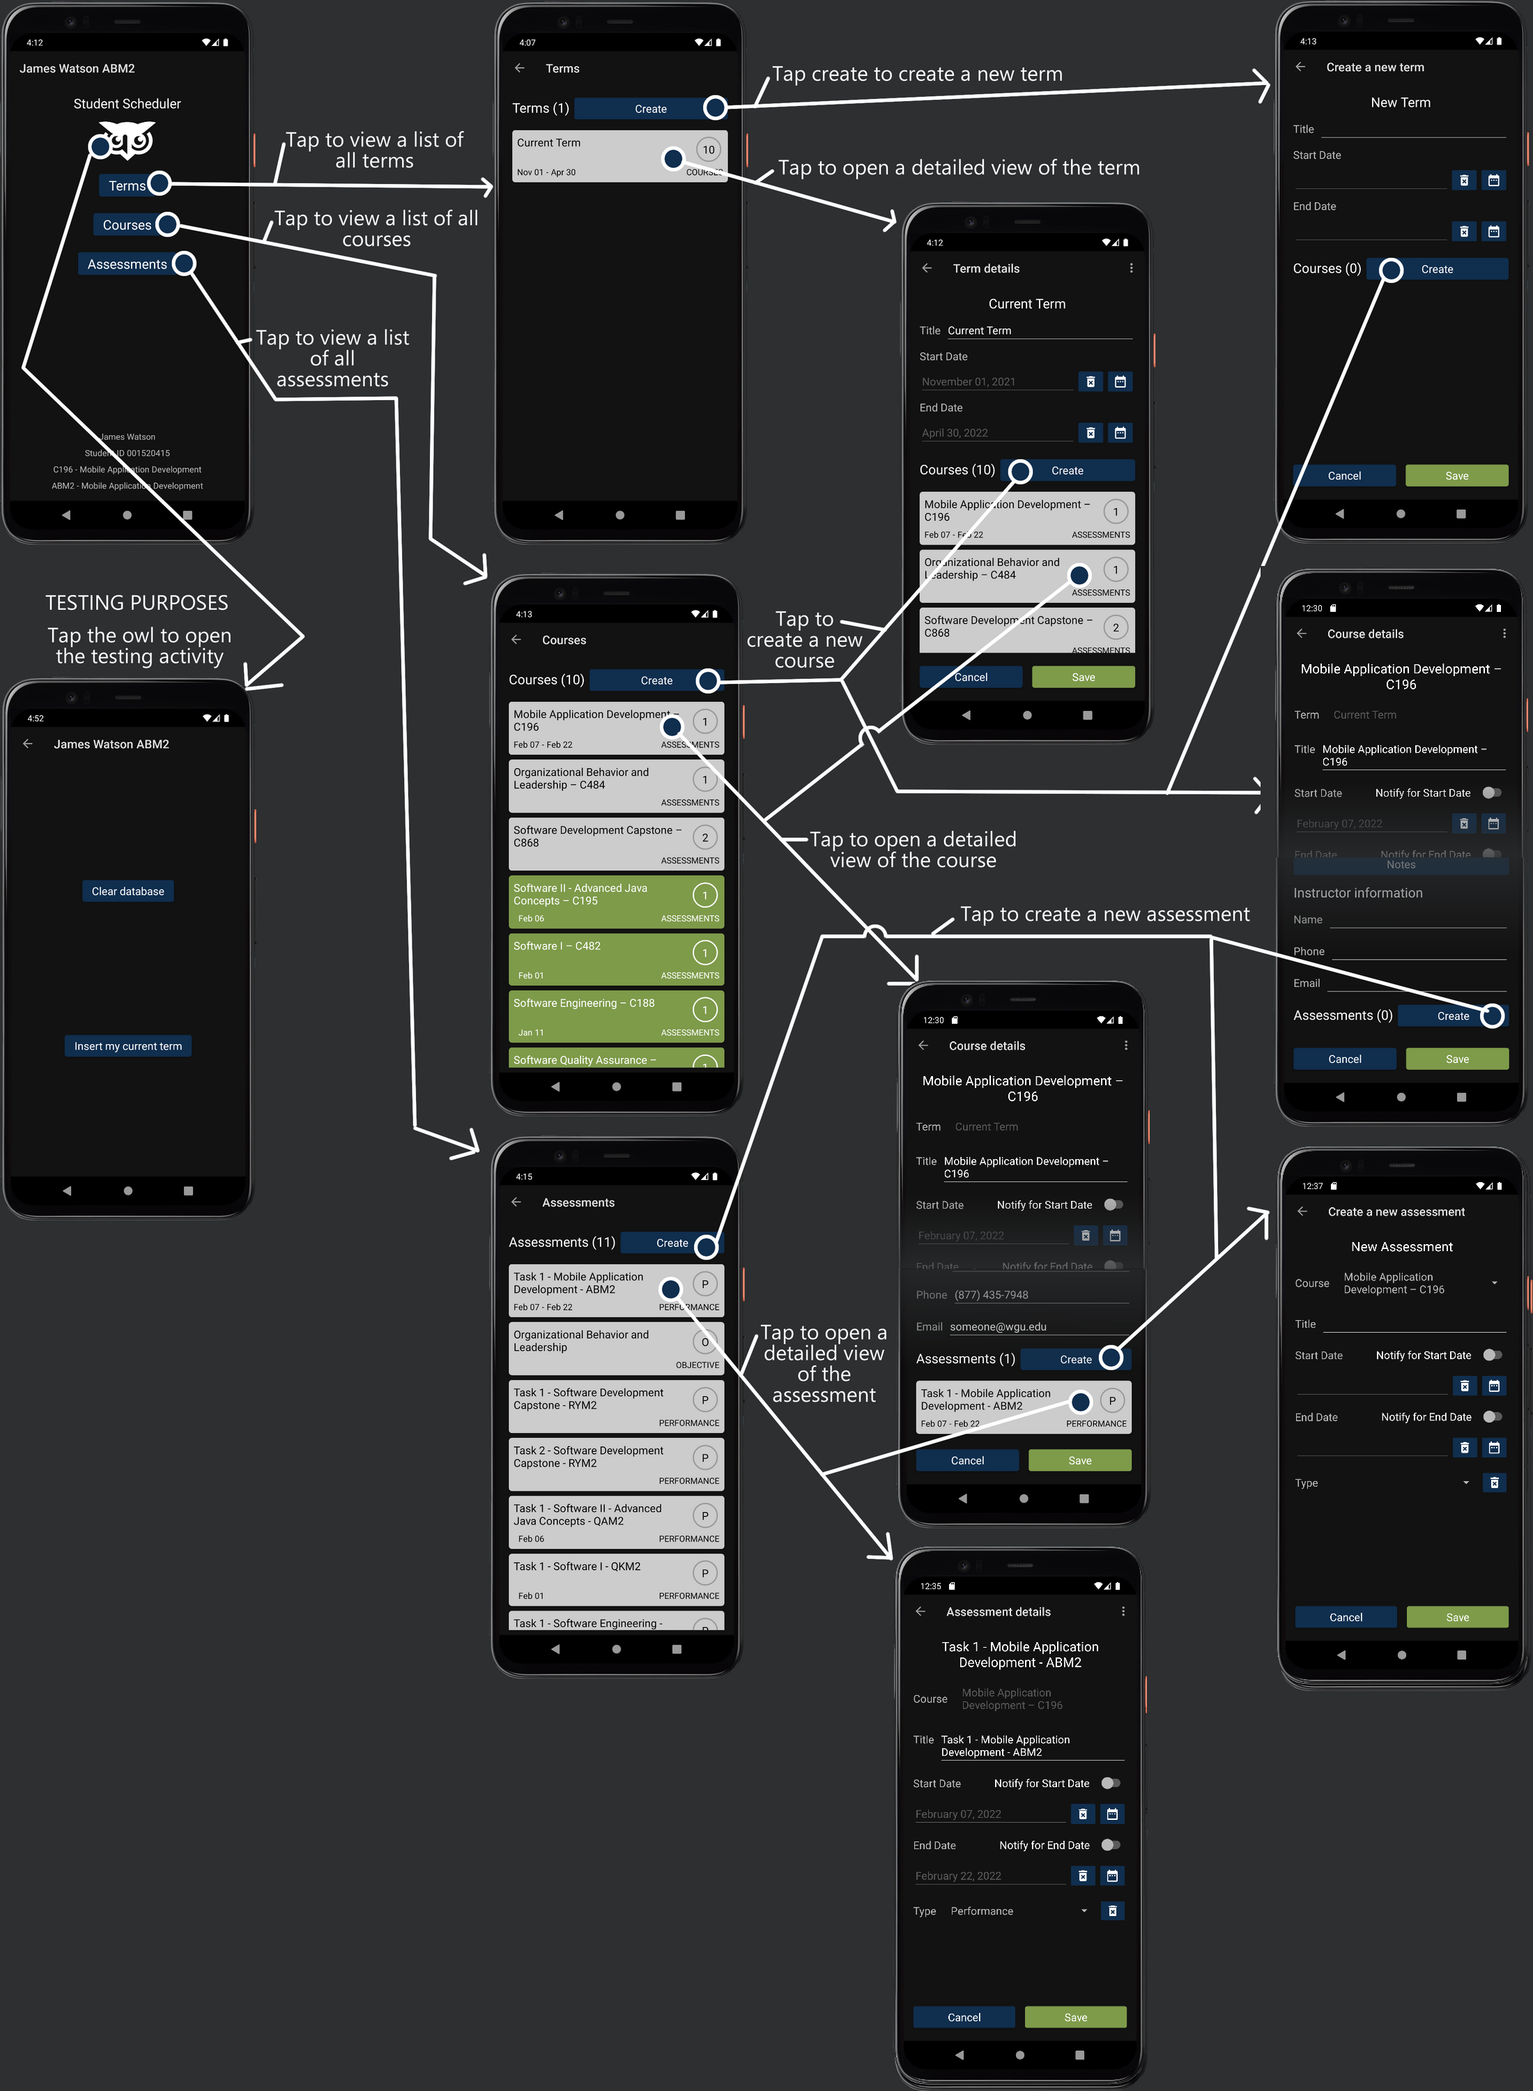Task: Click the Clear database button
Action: pos(128,891)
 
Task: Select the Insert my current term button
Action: pos(128,1046)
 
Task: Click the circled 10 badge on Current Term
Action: pos(708,149)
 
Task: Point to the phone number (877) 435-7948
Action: pos(991,1295)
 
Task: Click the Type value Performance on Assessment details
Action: pos(982,1911)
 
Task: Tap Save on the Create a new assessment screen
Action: pos(1457,1617)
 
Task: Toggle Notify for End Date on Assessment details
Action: pos(1110,1845)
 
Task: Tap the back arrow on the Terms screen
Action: pos(520,68)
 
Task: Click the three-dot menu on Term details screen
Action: pos(1130,268)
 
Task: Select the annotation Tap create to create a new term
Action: pos(917,75)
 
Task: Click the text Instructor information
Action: pos(1357,893)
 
